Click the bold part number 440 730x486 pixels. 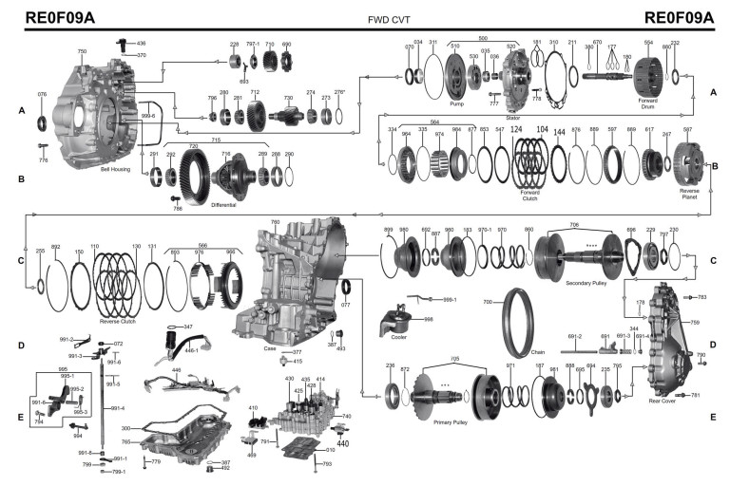tap(342, 442)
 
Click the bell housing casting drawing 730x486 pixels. tap(95, 114)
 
